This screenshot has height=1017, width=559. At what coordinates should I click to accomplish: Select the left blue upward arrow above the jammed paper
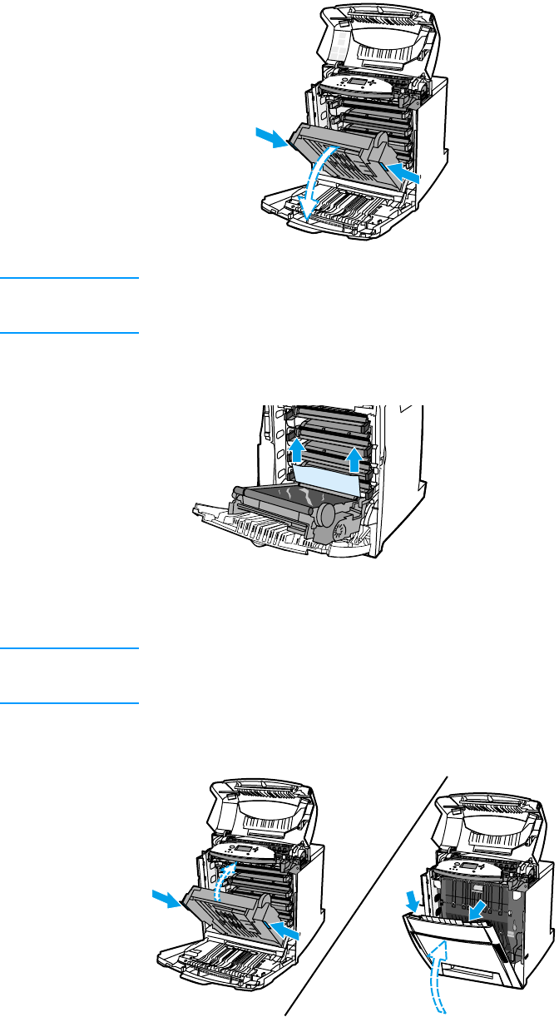[x=297, y=452]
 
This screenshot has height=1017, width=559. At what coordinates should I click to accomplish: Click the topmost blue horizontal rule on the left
[x=69, y=280]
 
